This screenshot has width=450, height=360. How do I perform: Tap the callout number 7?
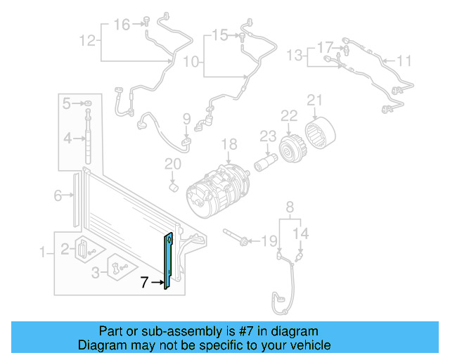tap(144, 283)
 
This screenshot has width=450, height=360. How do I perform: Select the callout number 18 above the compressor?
tap(230, 145)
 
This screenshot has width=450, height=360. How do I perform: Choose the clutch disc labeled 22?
tap(290, 148)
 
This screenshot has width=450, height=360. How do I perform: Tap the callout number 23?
tap(267, 136)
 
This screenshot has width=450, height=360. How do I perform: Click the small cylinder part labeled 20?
tap(173, 187)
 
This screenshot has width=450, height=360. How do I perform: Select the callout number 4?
tap(67, 139)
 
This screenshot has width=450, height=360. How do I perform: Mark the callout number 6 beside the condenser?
tap(58, 196)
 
